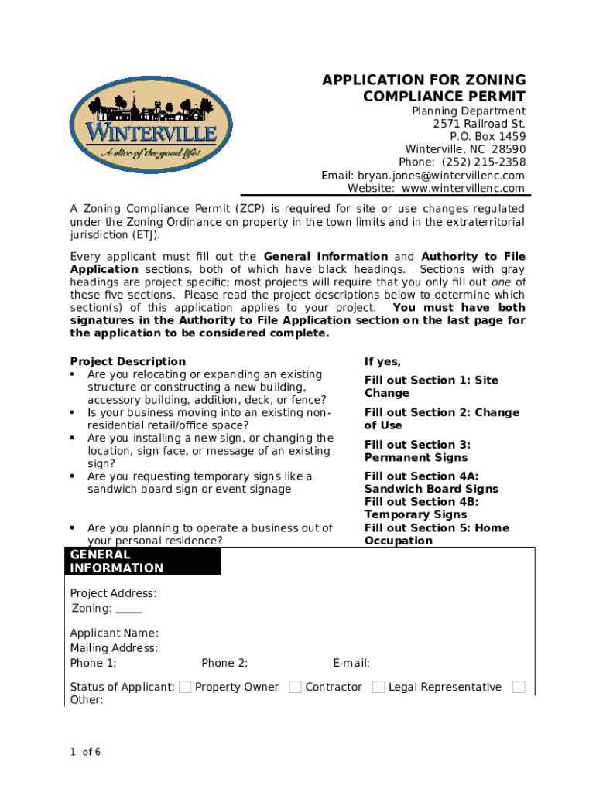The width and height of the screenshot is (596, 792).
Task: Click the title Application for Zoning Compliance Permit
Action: tap(423, 88)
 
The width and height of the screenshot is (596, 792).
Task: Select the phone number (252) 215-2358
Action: tap(484, 162)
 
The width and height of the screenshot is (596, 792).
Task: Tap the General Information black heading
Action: tap(117, 562)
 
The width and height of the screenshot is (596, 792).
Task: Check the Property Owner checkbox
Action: tap(185, 687)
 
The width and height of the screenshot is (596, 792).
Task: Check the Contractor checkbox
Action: tap(296, 687)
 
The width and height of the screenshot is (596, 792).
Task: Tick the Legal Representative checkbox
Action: tap(378, 687)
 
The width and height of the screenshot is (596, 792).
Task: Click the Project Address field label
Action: tap(113, 594)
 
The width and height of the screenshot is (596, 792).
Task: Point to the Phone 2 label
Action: tap(224, 663)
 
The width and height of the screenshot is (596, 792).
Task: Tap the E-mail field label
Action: tap(351, 663)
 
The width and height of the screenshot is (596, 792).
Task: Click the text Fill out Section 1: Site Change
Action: tap(431, 387)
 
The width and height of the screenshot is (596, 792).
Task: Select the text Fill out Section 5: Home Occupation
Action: tap(437, 534)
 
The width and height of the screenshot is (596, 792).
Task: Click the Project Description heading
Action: tap(128, 361)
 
